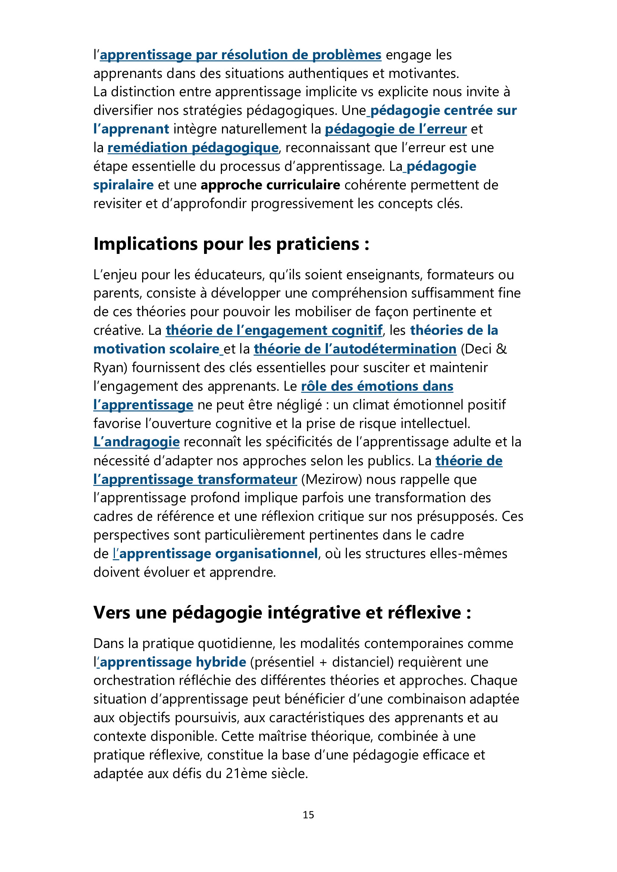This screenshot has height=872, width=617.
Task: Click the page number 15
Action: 308,815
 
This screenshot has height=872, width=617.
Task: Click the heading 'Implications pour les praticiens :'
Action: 231,244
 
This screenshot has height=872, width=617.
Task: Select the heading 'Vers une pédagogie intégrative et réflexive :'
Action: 282,613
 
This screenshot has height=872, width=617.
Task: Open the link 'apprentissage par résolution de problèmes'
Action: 241,55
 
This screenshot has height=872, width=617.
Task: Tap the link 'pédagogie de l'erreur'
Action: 395,129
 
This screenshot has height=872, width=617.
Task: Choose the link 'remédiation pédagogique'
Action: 192,148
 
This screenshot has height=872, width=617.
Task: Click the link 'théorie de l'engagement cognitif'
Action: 274,330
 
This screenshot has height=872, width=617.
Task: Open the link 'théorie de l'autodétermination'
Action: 355,349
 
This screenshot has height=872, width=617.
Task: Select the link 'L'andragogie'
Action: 137,442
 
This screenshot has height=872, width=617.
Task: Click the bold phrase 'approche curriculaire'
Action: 270,185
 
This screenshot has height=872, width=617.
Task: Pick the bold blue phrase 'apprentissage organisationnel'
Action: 219,554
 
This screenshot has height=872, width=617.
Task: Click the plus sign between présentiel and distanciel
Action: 323,662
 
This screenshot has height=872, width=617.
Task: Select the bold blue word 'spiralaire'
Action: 123,185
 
